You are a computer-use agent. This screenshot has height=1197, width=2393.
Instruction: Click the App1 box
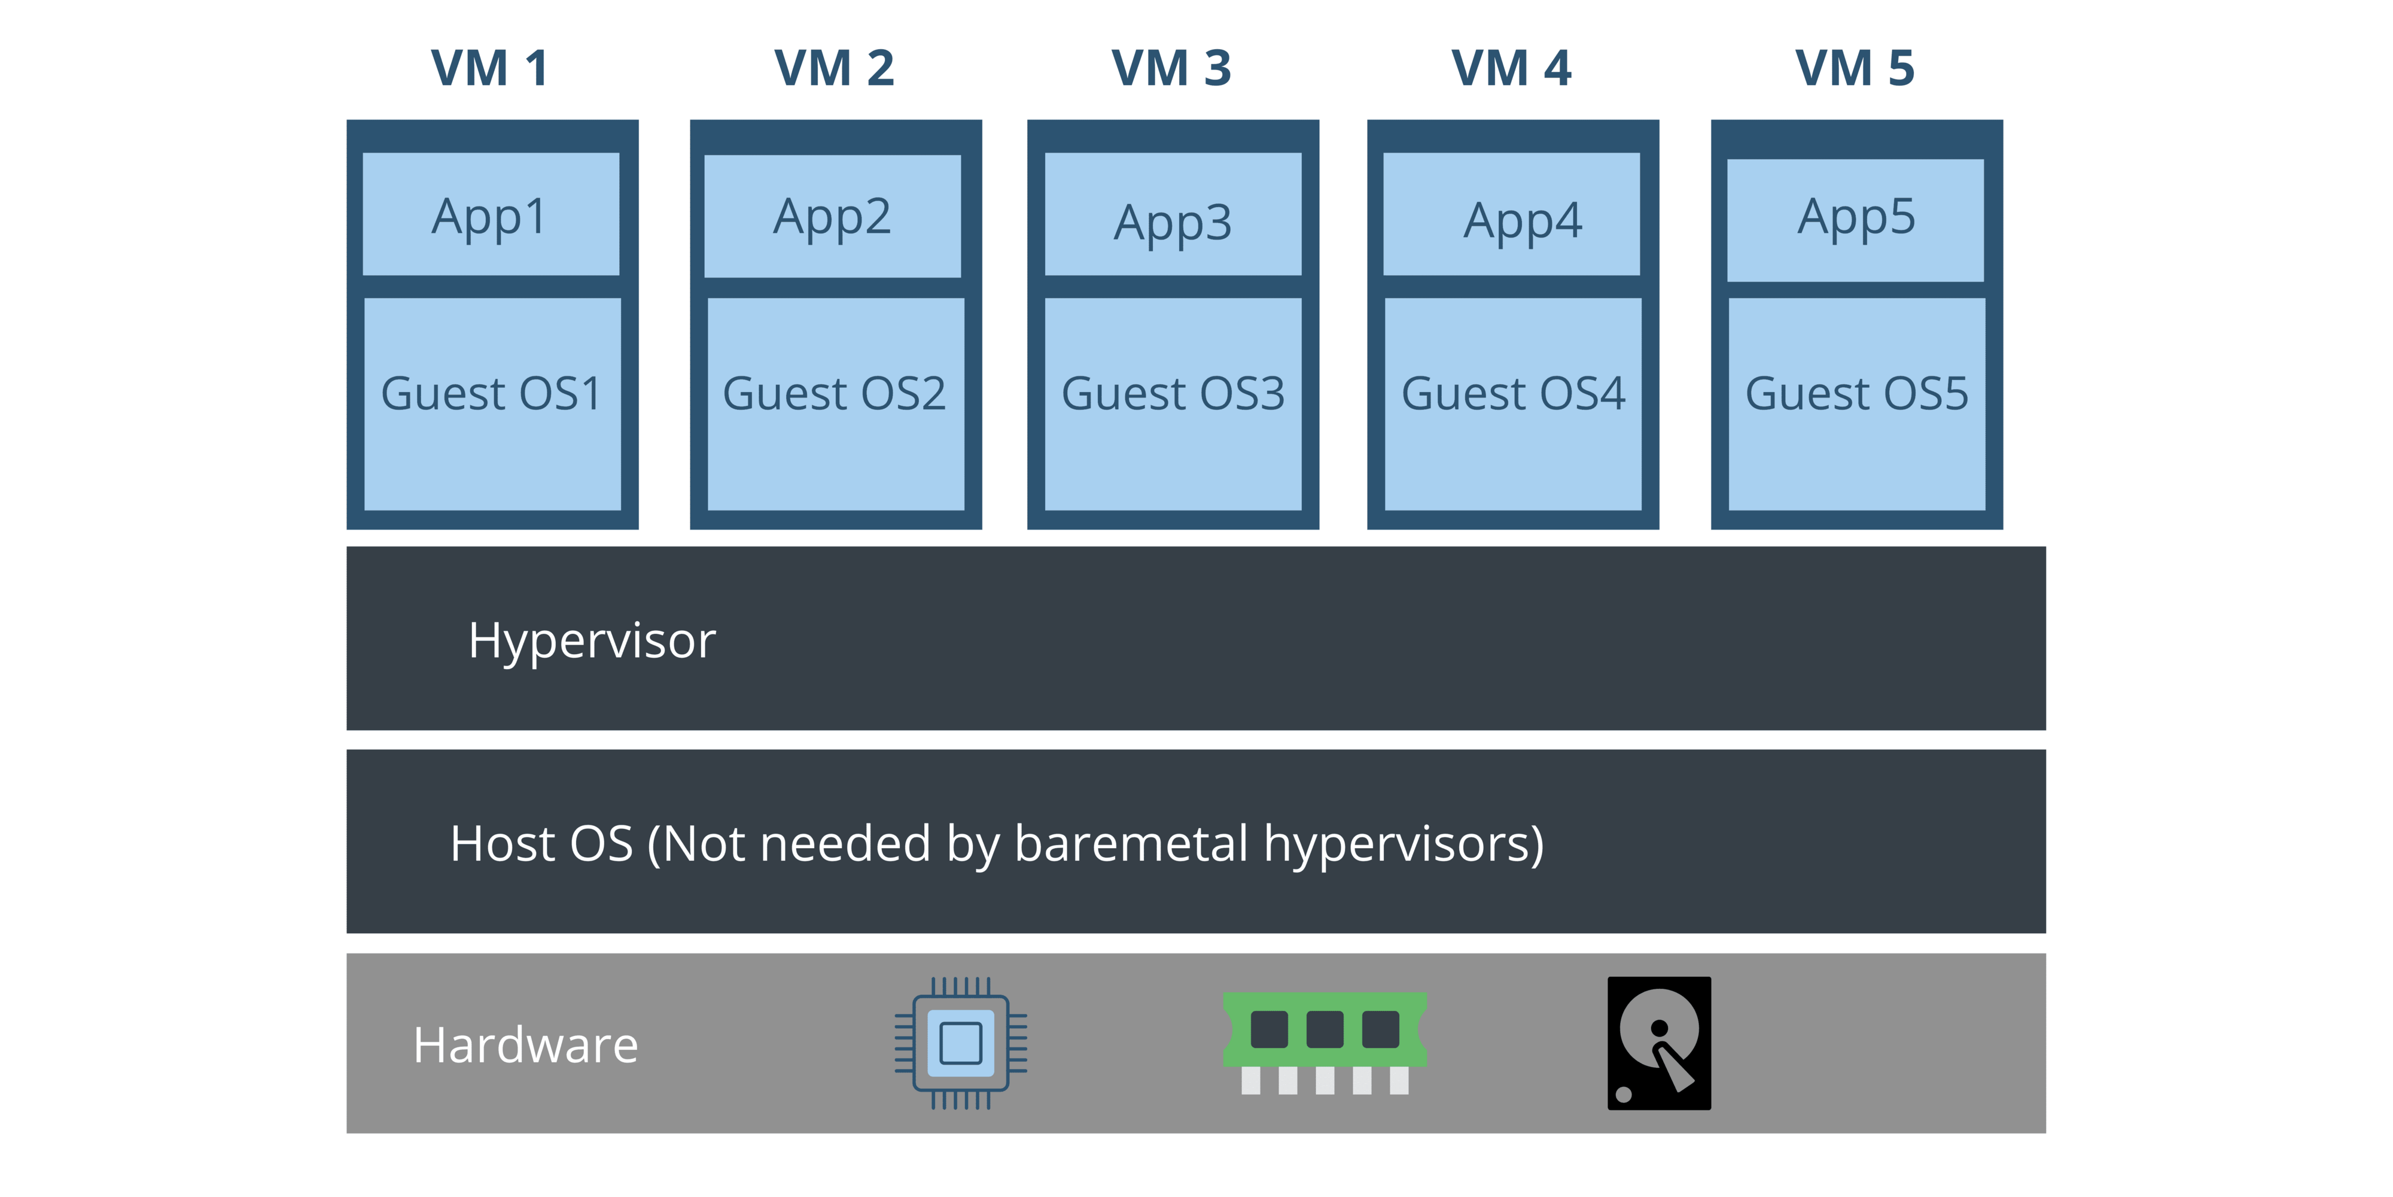point(491,215)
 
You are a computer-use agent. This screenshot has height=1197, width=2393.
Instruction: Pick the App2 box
point(832,217)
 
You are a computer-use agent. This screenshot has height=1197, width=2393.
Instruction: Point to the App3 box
point(1173,215)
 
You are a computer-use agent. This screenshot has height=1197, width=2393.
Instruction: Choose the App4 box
point(1511,215)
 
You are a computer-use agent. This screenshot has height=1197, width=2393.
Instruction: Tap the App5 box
point(1855,220)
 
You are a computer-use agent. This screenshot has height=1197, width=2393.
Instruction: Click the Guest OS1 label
point(491,393)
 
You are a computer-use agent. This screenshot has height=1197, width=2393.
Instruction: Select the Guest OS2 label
point(834,393)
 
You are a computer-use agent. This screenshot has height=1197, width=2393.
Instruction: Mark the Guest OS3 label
point(1173,393)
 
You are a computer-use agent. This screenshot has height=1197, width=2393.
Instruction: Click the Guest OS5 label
point(1856,393)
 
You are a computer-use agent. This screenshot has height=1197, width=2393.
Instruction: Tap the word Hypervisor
point(592,640)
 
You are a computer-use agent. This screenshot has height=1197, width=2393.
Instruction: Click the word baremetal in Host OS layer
point(1131,844)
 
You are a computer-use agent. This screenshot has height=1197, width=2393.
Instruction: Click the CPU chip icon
point(961,1043)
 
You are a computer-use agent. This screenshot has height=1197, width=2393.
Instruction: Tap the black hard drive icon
point(1659,1043)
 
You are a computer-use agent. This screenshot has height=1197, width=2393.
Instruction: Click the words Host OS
point(541,844)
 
